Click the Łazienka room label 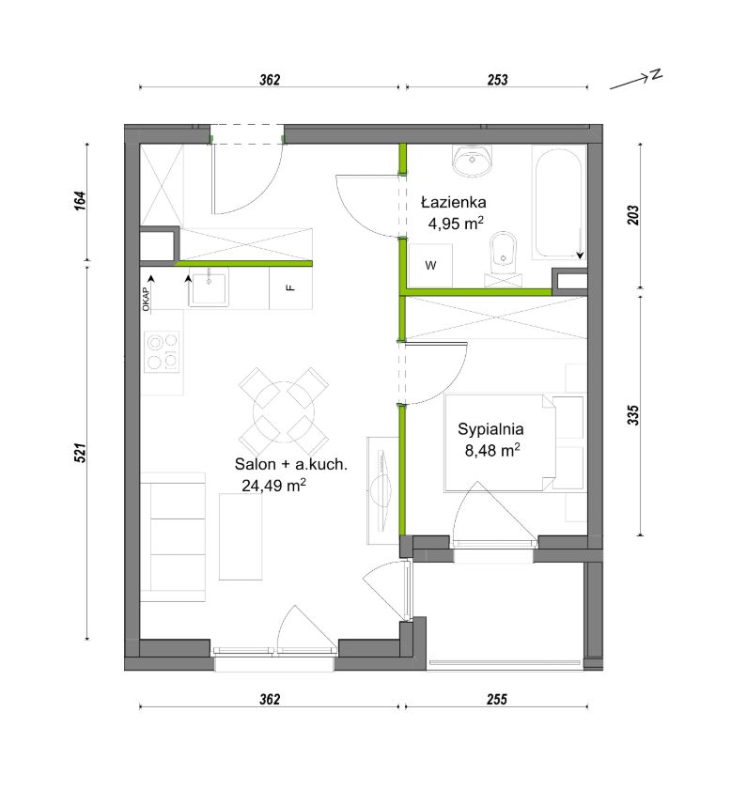click(454, 202)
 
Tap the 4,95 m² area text click(456, 223)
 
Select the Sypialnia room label click(490, 429)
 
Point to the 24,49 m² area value click(273, 485)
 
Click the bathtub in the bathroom click(559, 202)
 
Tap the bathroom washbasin click(472, 161)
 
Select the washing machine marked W click(430, 266)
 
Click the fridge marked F click(290, 287)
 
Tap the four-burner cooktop click(163, 351)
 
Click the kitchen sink click(209, 287)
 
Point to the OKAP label click(146, 299)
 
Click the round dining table click(284, 412)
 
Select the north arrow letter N click(655, 75)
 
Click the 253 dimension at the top click(497, 80)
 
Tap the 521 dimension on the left click(81, 453)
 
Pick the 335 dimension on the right click(633, 415)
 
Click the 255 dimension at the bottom click(497, 699)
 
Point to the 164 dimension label click(81, 201)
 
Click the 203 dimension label click(633, 215)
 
